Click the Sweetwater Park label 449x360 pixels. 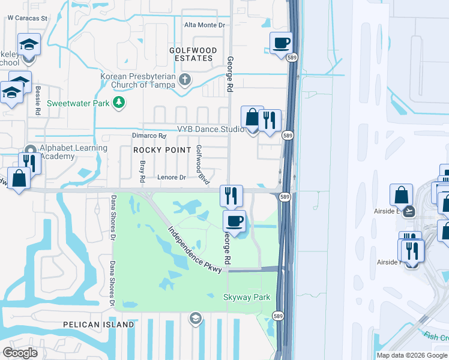(x=78, y=103)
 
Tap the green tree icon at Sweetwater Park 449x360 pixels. (x=119, y=103)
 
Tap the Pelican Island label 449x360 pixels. (x=98, y=325)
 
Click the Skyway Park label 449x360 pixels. (x=246, y=297)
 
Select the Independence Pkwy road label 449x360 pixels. (x=196, y=250)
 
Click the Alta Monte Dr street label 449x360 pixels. (x=204, y=25)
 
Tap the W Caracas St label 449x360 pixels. (x=27, y=18)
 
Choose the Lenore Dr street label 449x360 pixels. (x=172, y=177)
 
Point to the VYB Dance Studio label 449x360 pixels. (x=210, y=129)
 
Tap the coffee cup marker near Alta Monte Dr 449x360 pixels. (x=281, y=43)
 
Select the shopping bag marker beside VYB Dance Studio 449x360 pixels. (x=252, y=117)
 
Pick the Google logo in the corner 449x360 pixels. (x=20, y=353)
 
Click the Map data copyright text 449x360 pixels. (x=412, y=355)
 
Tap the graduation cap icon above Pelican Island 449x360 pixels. (x=194, y=317)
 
